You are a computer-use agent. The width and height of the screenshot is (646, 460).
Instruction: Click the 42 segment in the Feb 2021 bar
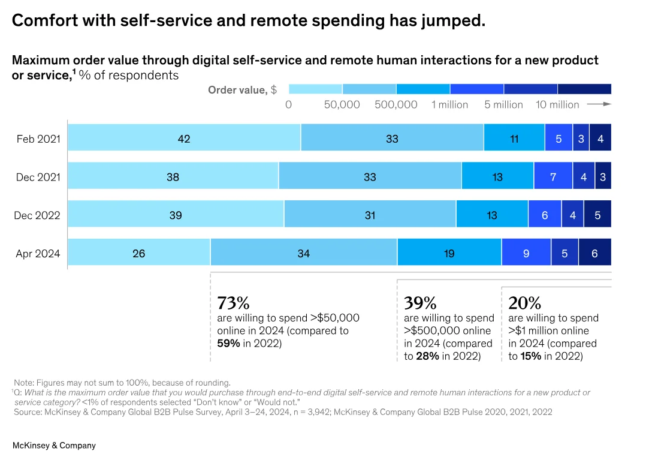pyautogui.click(x=184, y=139)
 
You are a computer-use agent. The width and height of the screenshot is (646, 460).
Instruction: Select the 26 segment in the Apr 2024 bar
pyautogui.click(x=138, y=253)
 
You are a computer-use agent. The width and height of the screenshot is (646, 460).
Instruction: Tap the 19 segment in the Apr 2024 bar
pyautogui.click(x=449, y=253)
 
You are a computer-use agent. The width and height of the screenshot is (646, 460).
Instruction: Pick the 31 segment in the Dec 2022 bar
pyautogui.click(x=370, y=215)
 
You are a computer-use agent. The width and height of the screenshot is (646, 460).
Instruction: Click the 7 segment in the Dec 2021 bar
pyautogui.click(x=553, y=177)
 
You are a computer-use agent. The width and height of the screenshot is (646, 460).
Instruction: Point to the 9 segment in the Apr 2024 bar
pyautogui.click(x=526, y=253)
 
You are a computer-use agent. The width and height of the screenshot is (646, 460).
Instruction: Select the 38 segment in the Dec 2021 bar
pyautogui.click(x=173, y=177)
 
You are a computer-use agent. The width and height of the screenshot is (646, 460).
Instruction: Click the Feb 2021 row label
pyautogui.click(x=38, y=139)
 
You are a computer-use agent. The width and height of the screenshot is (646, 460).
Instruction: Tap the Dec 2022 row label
pyautogui.click(x=37, y=215)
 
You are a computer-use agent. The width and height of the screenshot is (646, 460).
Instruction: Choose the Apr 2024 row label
pyautogui.click(x=38, y=254)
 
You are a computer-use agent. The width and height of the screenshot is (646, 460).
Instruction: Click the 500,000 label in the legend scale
pyautogui.click(x=396, y=105)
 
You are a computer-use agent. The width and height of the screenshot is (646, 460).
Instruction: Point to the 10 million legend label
pyautogui.click(x=557, y=105)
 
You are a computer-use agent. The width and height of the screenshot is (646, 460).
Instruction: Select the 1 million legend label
pyautogui.click(x=449, y=105)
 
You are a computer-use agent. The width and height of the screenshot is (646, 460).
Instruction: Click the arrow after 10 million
pyautogui.click(x=598, y=104)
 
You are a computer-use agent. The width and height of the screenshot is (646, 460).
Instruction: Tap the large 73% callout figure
pyautogui.click(x=233, y=303)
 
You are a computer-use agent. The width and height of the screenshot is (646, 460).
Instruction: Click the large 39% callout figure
pyautogui.click(x=420, y=303)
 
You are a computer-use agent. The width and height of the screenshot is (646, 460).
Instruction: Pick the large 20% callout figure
pyautogui.click(x=524, y=303)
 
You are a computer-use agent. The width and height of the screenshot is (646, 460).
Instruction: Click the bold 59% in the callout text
pyautogui.click(x=228, y=344)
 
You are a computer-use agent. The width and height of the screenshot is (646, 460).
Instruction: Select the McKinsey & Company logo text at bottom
pyautogui.click(x=54, y=446)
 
